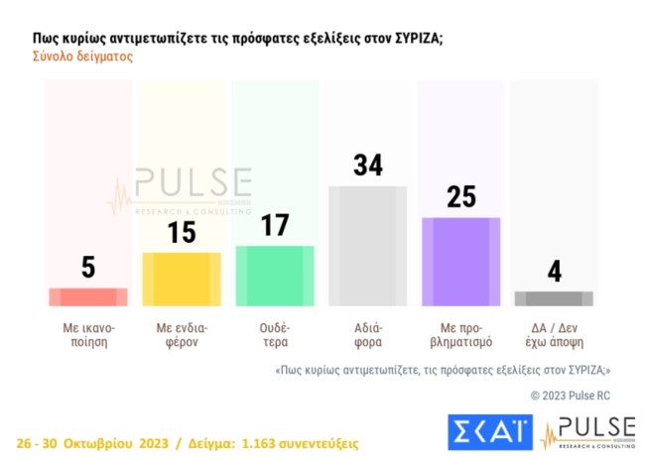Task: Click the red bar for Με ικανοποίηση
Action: (88, 296)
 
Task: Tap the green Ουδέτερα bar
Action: (275, 276)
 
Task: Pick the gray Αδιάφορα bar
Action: (368, 245)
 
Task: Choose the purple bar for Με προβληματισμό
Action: (461, 261)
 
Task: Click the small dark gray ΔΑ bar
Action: (555, 298)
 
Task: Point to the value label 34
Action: (368, 165)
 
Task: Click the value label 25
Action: (461, 196)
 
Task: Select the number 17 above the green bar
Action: (275, 225)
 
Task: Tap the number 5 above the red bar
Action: (88, 267)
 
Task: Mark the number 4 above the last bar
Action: (555, 271)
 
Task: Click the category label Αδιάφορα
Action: (368, 333)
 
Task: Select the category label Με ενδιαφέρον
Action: (182, 333)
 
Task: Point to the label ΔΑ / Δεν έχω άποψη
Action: (555, 333)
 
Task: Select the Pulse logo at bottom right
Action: (587, 432)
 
